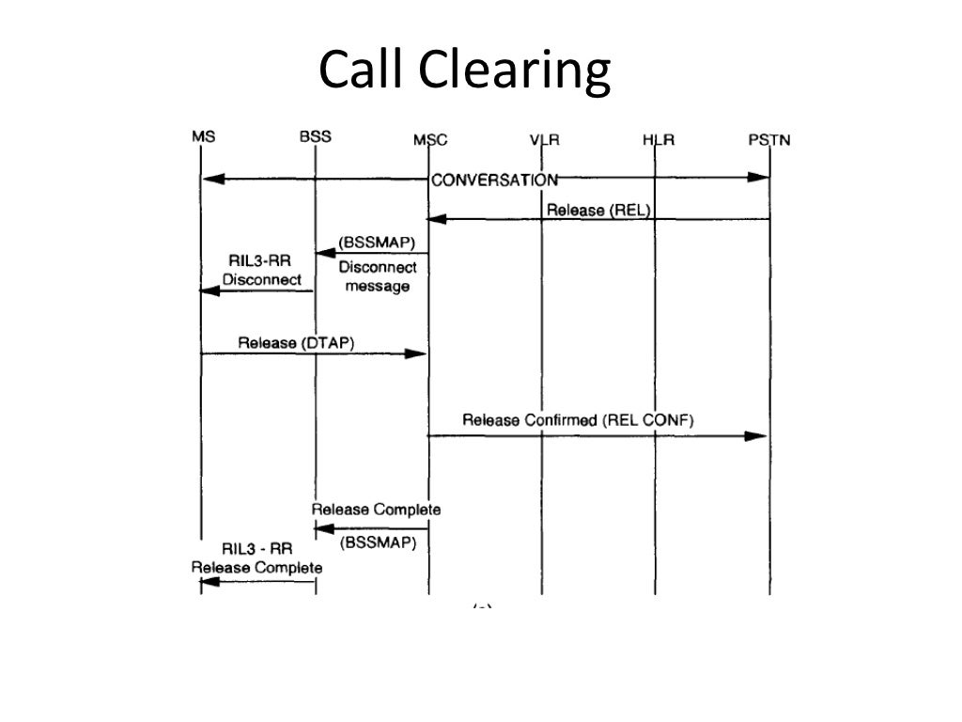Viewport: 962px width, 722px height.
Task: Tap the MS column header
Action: (x=203, y=137)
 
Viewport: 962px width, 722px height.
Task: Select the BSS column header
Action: (x=316, y=136)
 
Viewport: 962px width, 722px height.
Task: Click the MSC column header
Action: (x=430, y=140)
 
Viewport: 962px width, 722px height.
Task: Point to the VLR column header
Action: (x=544, y=140)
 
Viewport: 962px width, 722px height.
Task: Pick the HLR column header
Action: (x=657, y=140)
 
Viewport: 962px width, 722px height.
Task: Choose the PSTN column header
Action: (x=768, y=140)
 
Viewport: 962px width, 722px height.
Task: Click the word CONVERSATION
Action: (x=494, y=180)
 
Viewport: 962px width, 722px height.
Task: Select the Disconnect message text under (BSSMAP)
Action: (x=378, y=276)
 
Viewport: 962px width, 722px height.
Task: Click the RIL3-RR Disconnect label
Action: (x=264, y=271)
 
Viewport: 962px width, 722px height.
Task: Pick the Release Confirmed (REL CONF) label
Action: (x=577, y=420)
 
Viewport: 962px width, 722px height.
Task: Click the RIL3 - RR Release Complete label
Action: (x=256, y=558)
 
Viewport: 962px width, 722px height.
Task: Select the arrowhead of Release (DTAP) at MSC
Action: (x=418, y=353)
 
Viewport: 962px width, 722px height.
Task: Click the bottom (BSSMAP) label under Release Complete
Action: (x=378, y=542)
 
